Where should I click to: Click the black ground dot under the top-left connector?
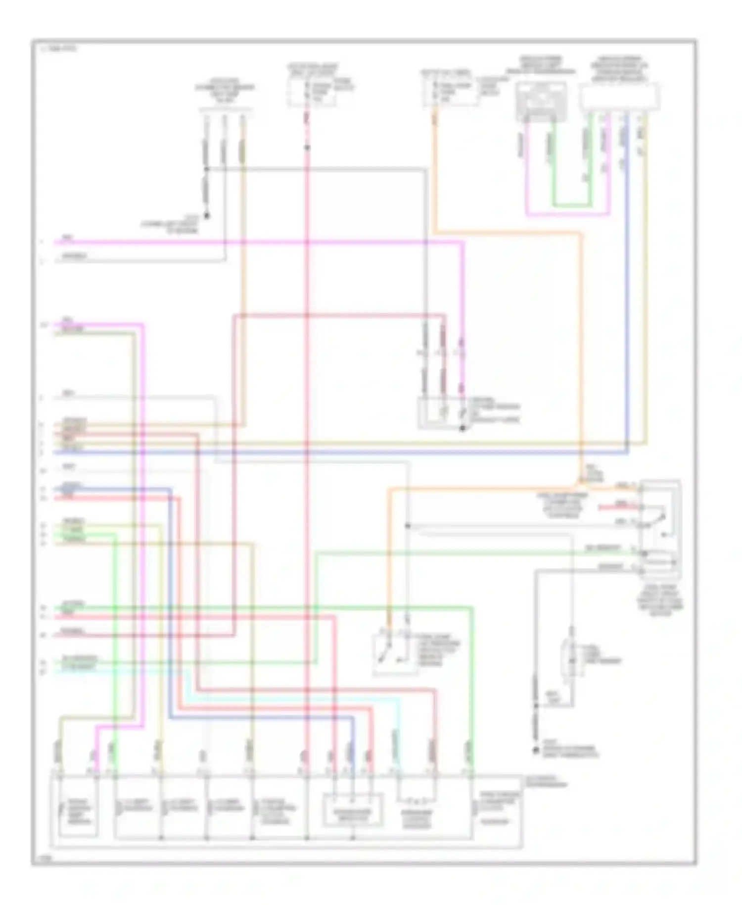point(207,216)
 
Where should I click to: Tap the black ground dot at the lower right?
point(535,751)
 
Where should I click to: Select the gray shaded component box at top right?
point(541,101)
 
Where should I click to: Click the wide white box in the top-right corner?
point(619,97)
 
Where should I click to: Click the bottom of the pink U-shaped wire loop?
point(567,215)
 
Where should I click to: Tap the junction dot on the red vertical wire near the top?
point(307,148)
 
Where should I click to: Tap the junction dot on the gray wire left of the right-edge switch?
point(408,525)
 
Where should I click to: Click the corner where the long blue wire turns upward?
point(627,452)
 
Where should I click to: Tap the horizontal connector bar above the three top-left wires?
point(225,110)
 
